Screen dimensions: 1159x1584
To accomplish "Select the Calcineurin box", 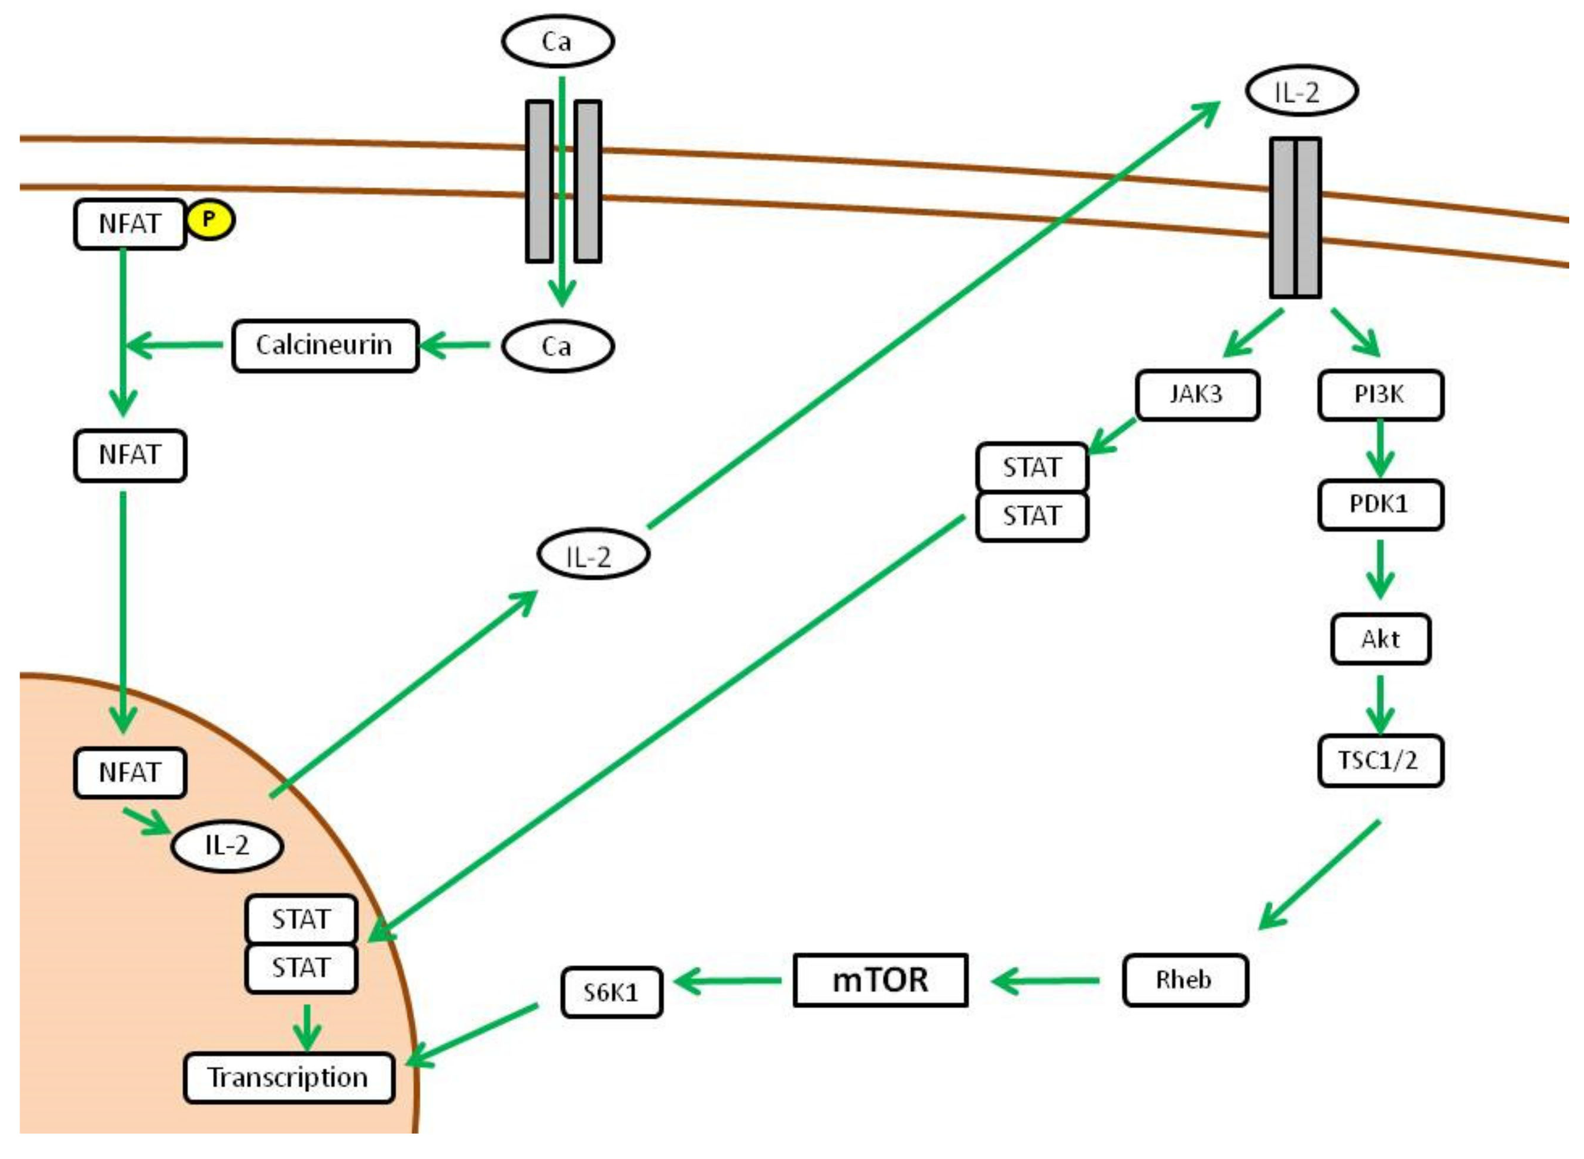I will tap(325, 346).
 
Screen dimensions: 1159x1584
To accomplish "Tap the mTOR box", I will tap(880, 980).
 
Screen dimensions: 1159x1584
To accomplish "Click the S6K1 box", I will tap(611, 992).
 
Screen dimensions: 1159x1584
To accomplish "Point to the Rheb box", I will tap(1185, 980).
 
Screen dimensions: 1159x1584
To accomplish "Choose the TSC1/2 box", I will tap(1380, 760).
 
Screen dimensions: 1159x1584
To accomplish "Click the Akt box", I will tap(1380, 639).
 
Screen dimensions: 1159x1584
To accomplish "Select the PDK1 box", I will tap(1380, 504).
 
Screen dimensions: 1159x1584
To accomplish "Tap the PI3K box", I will tap(1380, 395).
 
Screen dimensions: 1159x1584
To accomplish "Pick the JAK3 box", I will tap(1197, 395).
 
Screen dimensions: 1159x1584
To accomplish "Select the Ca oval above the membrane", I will tap(557, 41).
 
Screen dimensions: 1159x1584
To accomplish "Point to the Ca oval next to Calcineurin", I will tap(557, 346).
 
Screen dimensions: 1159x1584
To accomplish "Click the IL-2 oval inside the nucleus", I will tap(227, 846).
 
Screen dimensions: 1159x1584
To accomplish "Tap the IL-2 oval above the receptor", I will tap(1301, 92).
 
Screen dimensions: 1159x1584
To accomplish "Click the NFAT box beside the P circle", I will tap(130, 224).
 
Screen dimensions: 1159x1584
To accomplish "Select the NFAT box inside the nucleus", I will tap(130, 772).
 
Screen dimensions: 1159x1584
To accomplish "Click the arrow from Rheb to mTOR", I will tap(1046, 980).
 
